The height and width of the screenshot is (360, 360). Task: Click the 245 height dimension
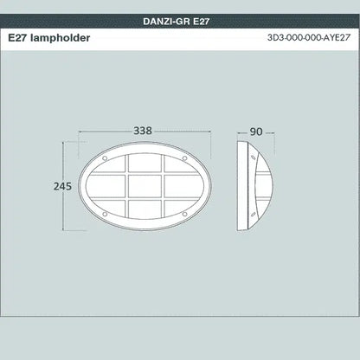[x=37, y=186]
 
